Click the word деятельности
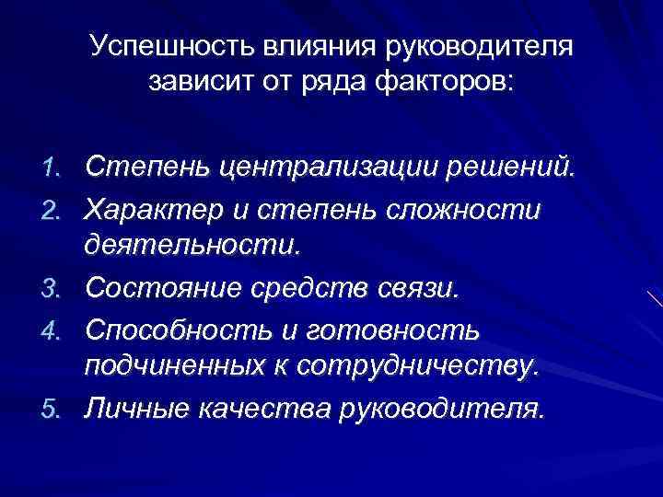click(192, 247)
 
